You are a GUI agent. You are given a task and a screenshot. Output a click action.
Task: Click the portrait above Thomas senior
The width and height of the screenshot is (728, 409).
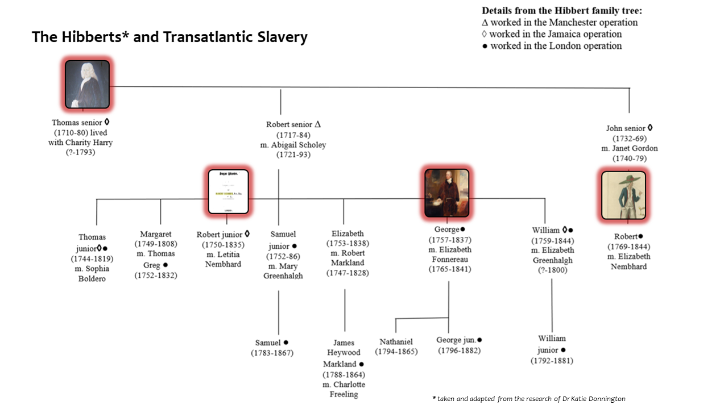(87, 84)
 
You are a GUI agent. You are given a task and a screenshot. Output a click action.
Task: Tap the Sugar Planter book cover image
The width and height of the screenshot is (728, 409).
(228, 191)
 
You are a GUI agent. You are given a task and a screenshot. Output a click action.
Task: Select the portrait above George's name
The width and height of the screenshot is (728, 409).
(446, 193)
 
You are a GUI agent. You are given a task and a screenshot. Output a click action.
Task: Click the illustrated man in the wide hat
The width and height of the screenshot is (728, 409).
(623, 195)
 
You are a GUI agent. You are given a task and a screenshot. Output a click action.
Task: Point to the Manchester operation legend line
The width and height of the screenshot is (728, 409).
(560, 23)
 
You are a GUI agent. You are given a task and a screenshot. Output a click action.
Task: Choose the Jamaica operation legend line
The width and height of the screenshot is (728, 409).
(552, 34)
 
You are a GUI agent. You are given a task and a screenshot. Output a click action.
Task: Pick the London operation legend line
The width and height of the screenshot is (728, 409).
(552, 46)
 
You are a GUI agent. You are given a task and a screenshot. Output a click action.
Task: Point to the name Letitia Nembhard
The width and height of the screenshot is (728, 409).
(223, 259)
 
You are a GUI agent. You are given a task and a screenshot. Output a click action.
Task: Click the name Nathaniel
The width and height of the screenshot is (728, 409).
(396, 341)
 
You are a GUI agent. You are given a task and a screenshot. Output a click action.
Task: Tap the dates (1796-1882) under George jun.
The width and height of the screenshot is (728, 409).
(459, 350)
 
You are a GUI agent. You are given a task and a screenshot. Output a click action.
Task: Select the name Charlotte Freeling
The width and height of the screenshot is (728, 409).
(344, 389)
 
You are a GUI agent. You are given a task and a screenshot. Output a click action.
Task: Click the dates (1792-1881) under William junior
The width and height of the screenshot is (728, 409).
(552, 361)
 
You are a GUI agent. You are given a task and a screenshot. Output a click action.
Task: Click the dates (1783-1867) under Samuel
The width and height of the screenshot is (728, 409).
(272, 353)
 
